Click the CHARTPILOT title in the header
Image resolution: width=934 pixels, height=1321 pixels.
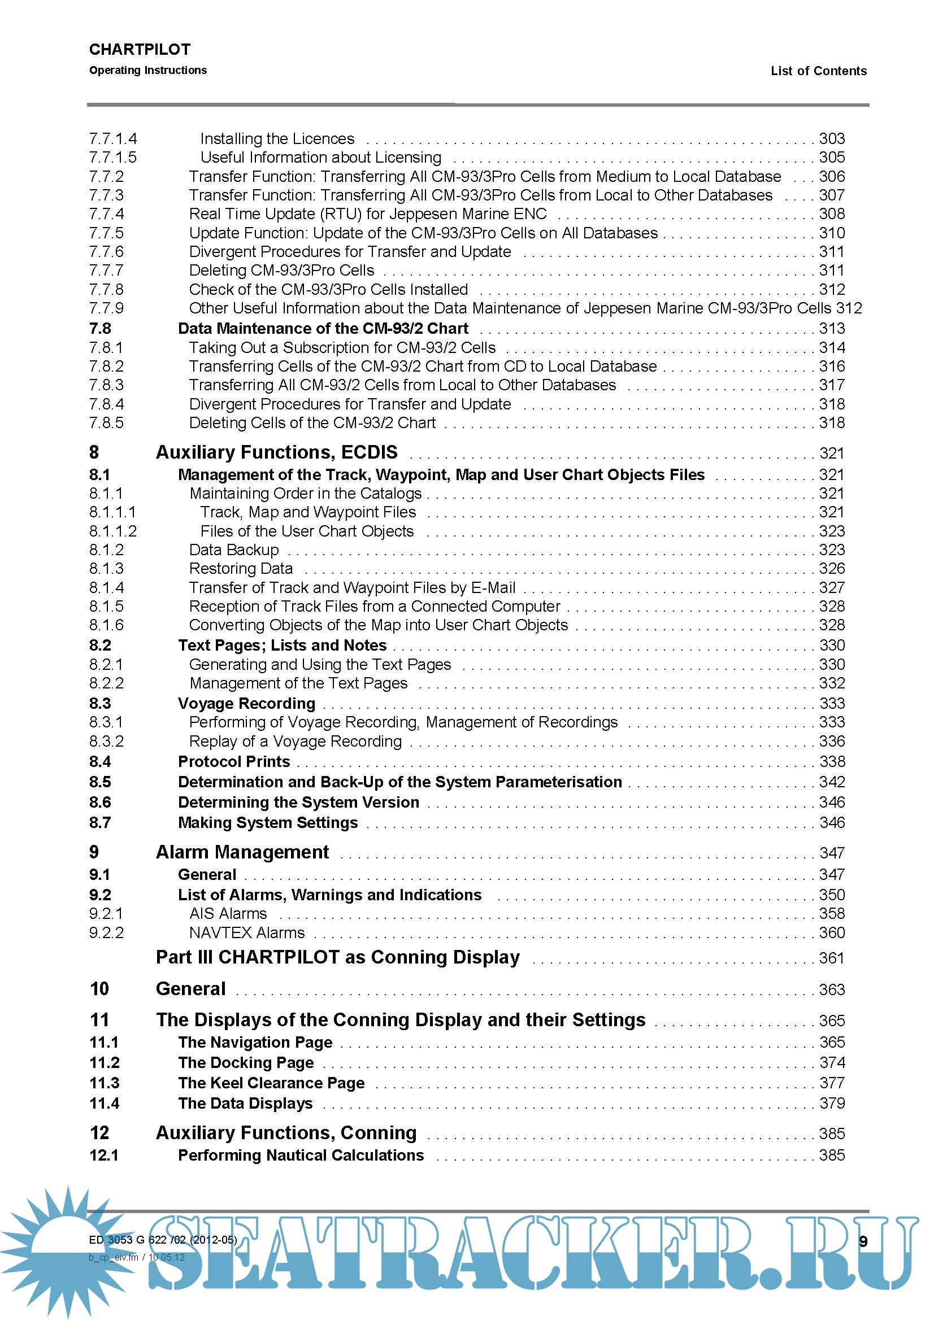tap(140, 50)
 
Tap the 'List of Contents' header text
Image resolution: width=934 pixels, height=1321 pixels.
tap(818, 71)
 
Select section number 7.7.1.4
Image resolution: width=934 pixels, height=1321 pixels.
tap(113, 139)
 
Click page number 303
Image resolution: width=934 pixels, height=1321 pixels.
tap(832, 139)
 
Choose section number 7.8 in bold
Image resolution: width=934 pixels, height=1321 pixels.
tap(100, 329)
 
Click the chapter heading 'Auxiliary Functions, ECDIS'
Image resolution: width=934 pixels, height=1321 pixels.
tap(276, 452)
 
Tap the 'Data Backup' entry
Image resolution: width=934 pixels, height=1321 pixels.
tap(234, 550)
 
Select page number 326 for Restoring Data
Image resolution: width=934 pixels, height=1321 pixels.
tap(832, 569)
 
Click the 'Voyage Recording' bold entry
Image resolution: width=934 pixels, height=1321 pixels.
tap(246, 704)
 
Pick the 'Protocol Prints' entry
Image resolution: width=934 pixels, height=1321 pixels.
tap(234, 762)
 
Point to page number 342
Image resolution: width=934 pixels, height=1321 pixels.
tap(832, 782)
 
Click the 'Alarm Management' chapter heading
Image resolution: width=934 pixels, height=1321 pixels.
tap(242, 852)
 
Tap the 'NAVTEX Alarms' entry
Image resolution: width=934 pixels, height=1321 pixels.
tap(247, 932)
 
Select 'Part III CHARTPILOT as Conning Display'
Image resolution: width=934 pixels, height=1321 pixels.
tap(338, 957)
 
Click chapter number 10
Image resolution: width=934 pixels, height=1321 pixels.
tap(99, 989)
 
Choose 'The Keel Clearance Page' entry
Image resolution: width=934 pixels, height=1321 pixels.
tap(271, 1083)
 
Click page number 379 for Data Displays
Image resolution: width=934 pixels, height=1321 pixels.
tap(832, 1103)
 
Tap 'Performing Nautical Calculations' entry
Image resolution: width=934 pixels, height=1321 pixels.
tap(301, 1156)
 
